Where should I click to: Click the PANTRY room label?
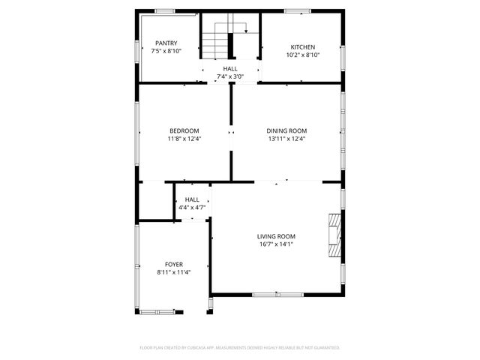click(166, 43)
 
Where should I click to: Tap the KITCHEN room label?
click(303, 46)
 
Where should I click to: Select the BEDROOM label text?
click(184, 130)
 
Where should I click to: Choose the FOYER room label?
click(174, 265)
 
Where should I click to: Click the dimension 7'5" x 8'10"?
click(166, 52)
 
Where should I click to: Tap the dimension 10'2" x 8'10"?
click(303, 55)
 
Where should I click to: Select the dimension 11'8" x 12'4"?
click(184, 139)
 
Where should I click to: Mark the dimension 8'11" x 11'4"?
click(174, 273)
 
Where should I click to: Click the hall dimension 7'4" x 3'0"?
click(230, 76)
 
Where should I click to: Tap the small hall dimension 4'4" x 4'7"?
click(192, 208)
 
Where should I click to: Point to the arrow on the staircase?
click(246, 32)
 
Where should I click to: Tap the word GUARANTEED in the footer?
click(325, 348)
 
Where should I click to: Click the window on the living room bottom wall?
click(274, 293)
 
